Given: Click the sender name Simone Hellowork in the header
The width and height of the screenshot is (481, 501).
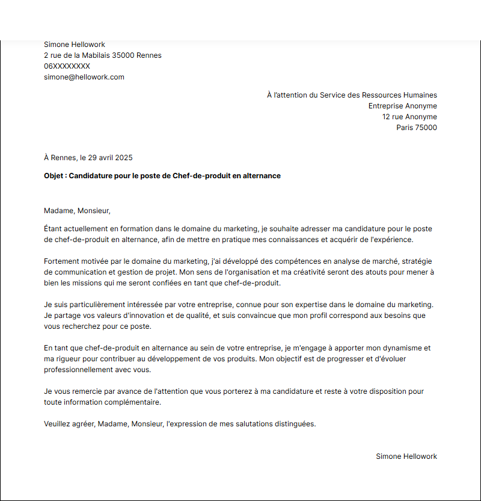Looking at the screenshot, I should [74, 45].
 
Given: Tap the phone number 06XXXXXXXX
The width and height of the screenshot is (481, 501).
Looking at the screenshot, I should [67, 66].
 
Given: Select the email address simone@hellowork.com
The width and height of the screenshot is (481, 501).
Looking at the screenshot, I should [84, 77].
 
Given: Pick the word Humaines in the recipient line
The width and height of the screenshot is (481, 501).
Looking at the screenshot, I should [420, 95].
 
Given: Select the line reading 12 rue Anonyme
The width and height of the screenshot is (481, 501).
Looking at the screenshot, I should [409, 117].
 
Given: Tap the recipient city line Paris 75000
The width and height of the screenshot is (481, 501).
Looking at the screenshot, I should [416, 128].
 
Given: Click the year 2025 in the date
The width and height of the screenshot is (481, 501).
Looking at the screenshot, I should [123, 158].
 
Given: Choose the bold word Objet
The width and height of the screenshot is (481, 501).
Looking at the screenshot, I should [55, 176].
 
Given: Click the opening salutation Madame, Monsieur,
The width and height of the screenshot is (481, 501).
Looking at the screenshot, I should [78, 211].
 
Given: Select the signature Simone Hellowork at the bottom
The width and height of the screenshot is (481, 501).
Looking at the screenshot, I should [406, 456].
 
